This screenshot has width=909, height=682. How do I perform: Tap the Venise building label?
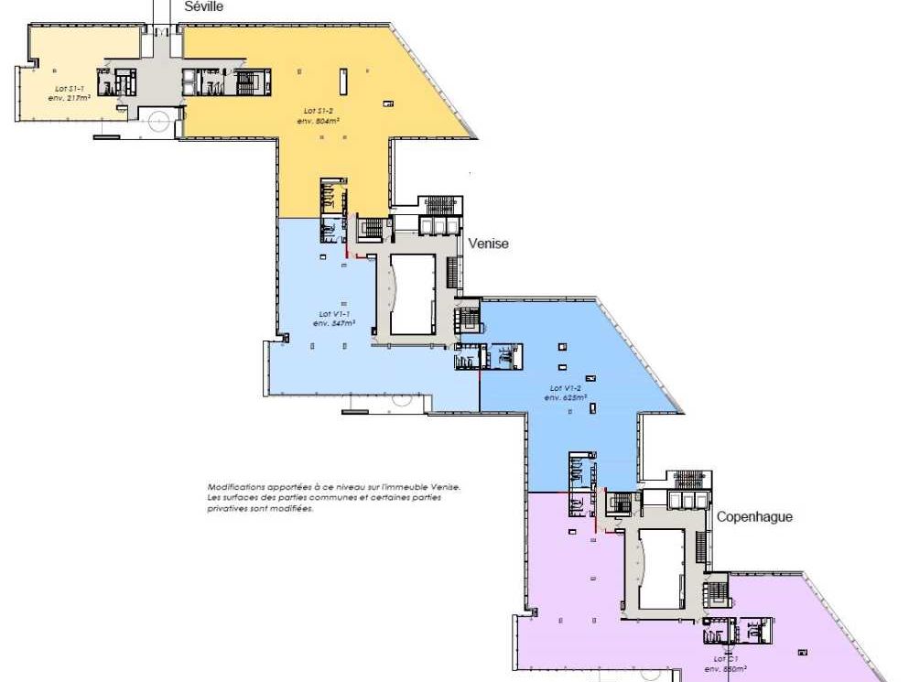[x=488, y=244]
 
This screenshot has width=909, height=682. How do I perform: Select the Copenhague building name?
[x=753, y=516]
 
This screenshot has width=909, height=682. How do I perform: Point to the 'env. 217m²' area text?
[x=69, y=97]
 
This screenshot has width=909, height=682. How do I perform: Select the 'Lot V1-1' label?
[x=333, y=314]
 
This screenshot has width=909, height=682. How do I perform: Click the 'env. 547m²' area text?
[x=333, y=323]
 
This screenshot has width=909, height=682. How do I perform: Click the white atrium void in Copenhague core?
[x=661, y=568]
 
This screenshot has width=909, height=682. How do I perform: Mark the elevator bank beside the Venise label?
[x=438, y=225]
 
